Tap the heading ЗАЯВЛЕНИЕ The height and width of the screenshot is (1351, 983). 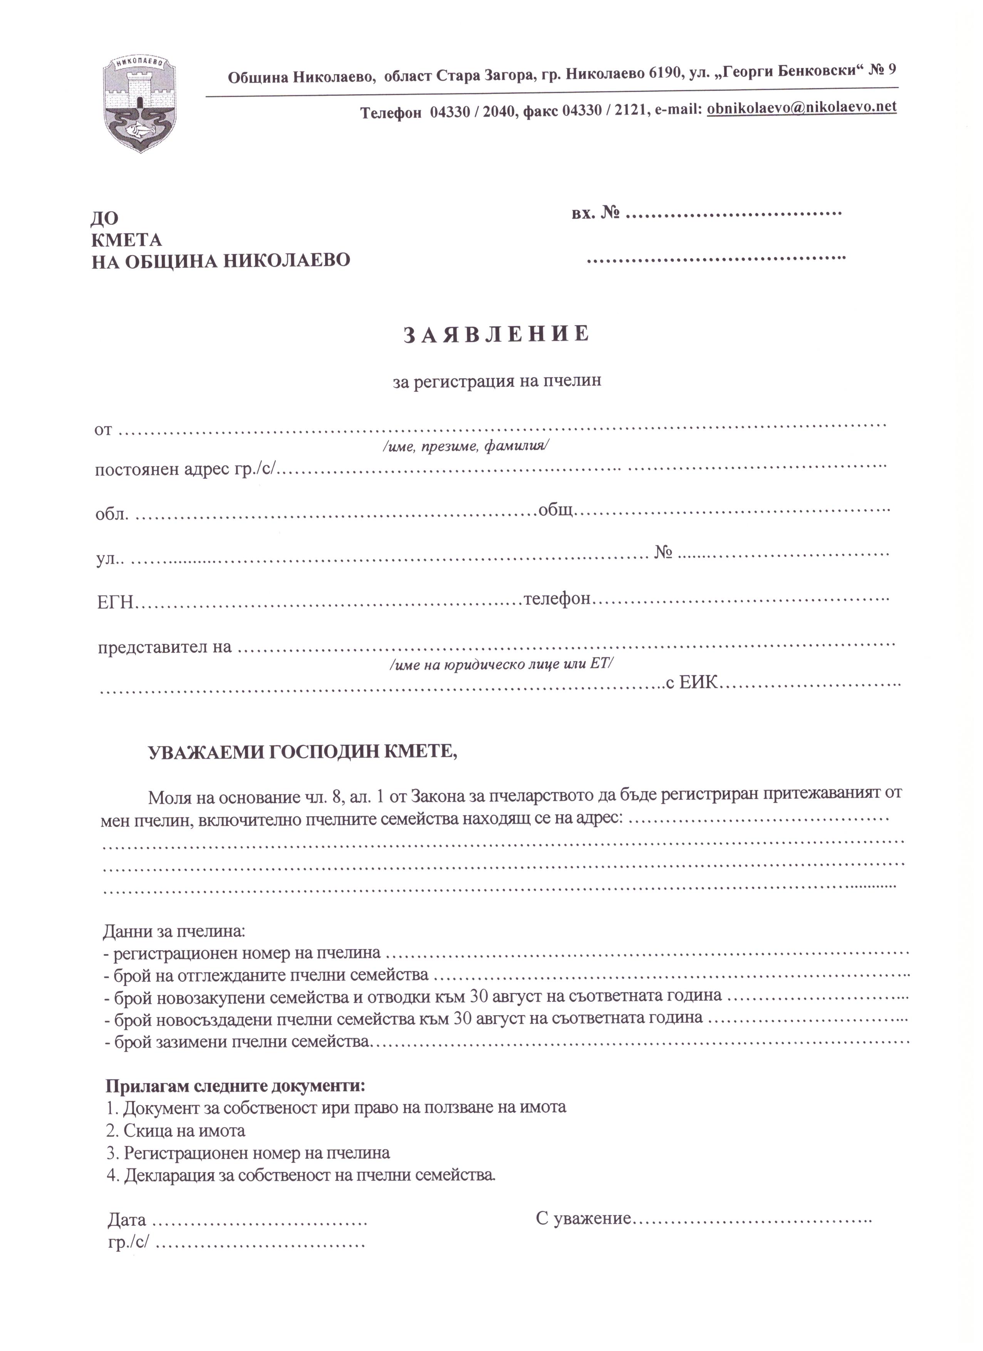pyautogui.click(x=497, y=334)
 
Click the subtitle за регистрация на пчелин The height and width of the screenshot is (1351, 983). pyautogui.click(x=497, y=381)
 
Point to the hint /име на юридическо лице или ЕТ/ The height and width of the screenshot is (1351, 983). pyautogui.click(x=501, y=664)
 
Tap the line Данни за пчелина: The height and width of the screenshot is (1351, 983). pyautogui.click(x=174, y=930)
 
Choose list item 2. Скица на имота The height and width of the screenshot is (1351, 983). pyautogui.click(x=176, y=1130)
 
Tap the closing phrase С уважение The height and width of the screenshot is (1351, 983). pyautogui.click(x=582, y=1219)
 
